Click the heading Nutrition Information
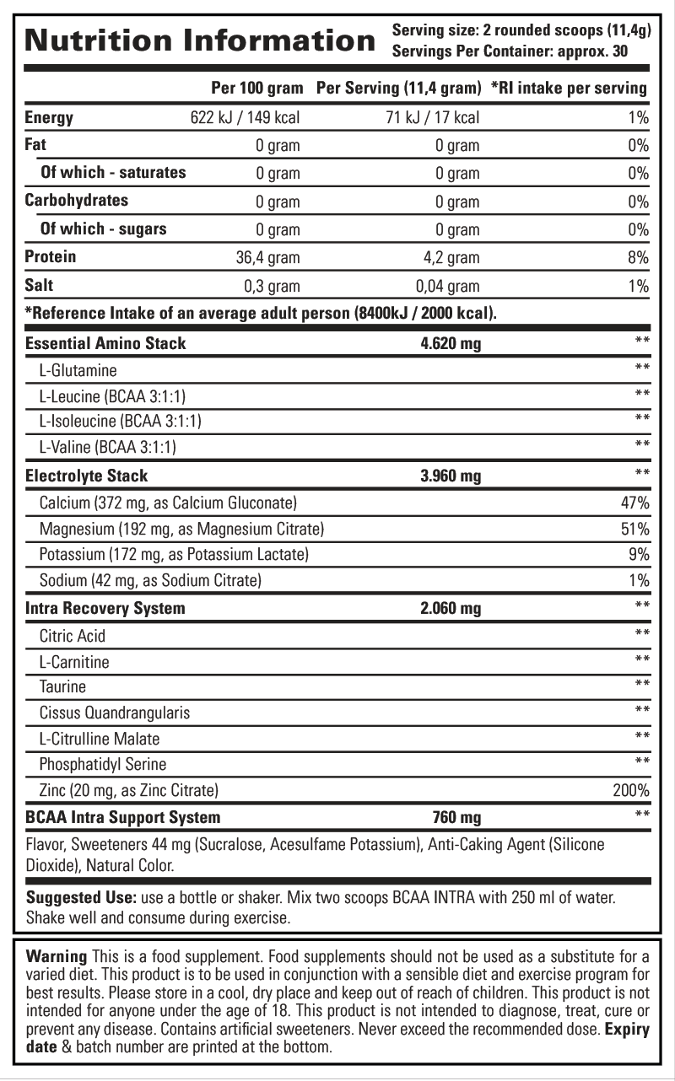[200, 40]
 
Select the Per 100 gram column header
[255, 88]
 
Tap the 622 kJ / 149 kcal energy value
[246, 118]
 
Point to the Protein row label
[51, 256]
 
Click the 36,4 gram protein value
[267, 258]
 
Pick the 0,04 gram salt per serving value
[447, 286]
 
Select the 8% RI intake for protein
[638, 258]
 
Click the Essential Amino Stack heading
[106, 343]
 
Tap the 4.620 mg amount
[451, 344]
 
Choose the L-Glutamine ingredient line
[78, 370]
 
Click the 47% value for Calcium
[634, 503]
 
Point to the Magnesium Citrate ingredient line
[182, 530]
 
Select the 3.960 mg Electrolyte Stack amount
[451, 476]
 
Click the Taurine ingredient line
[62, 686]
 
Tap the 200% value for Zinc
[630, 791]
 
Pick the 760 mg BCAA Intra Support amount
[456, 817]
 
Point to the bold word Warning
[57, 956]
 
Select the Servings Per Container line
[510, 51]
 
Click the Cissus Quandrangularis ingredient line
[115, 713]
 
